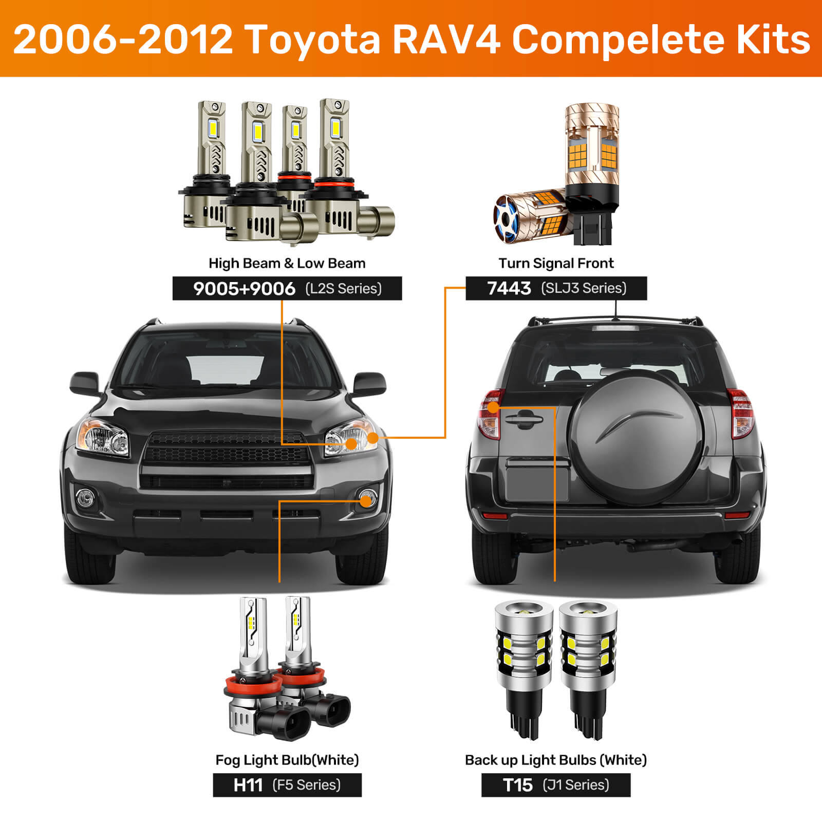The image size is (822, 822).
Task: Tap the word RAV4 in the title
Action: click(446, 39)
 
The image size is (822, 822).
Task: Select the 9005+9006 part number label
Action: click(244, 289)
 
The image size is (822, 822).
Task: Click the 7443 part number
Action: click(509, 288)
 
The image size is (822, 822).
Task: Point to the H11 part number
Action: click(248, 785)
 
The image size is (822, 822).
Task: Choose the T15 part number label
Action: click(517, 785)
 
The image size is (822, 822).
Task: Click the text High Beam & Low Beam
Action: click(287, 263)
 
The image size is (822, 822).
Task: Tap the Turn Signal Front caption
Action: click(556, 263)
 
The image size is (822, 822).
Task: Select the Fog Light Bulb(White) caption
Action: click(287, 760)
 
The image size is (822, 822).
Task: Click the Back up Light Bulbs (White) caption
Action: click(556, 760)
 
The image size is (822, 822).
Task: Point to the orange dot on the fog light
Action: click(366, 501)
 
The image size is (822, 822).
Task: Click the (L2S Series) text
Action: click(344, 289)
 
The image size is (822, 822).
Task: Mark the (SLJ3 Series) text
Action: click(584, 288)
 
